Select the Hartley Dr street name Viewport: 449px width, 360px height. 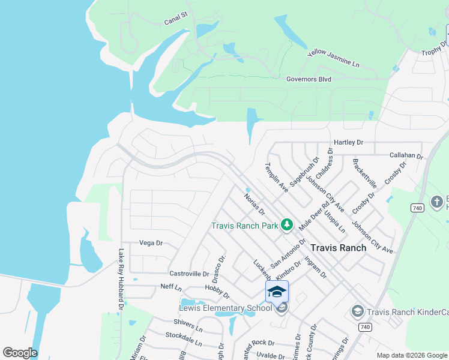pos(348,143)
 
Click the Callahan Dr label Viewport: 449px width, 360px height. pos(406,155)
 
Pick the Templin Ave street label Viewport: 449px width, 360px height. pos(277,177)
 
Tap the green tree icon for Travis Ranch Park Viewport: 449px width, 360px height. pos(287,225)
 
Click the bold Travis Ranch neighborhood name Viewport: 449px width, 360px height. pos(338,247)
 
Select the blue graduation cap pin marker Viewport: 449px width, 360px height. pos(277,292)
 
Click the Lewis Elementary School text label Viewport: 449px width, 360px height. pos(226,308)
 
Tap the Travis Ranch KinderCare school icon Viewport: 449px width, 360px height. pos(357,311)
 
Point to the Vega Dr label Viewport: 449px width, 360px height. pos(151,243)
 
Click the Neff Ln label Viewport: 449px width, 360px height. pos(171,287)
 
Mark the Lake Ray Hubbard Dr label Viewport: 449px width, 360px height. pos(121,278)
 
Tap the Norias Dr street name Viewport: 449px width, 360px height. pos(254,203)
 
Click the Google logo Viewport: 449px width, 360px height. pos(20,353)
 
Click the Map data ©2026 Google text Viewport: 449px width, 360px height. pos(412,355)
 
